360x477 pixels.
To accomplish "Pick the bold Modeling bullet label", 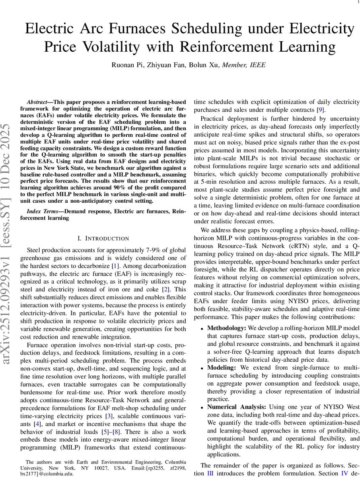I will click(x=222, y=368).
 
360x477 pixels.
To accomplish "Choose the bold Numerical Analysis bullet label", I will click(x=237, y=407).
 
